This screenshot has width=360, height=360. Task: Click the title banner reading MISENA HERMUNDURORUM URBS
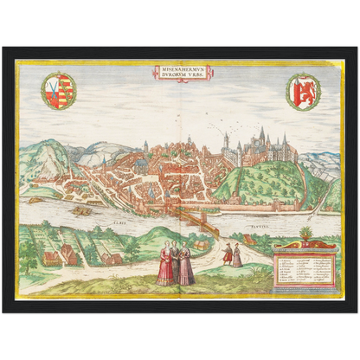[x=179, y=73]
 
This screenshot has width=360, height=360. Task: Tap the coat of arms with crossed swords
[x=59, y=91]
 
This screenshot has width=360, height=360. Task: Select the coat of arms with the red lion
[x=302, y=91]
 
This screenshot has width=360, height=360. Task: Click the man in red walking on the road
[x=228, y=254]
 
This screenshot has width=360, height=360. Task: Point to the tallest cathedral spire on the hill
[x=261, y=134]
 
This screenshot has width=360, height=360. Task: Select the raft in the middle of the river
[x=82, y=210]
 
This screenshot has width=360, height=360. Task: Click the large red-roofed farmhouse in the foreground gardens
[x=67, y=254]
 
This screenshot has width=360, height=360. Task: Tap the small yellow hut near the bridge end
[x=201, y=245]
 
